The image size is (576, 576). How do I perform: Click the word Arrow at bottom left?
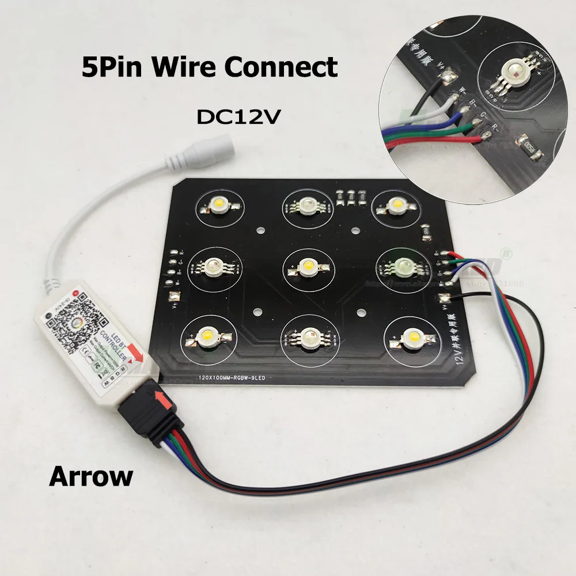tap(91, 476)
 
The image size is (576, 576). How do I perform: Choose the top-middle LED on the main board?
tap(306, 206)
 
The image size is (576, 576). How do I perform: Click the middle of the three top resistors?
tap(350, 197)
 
